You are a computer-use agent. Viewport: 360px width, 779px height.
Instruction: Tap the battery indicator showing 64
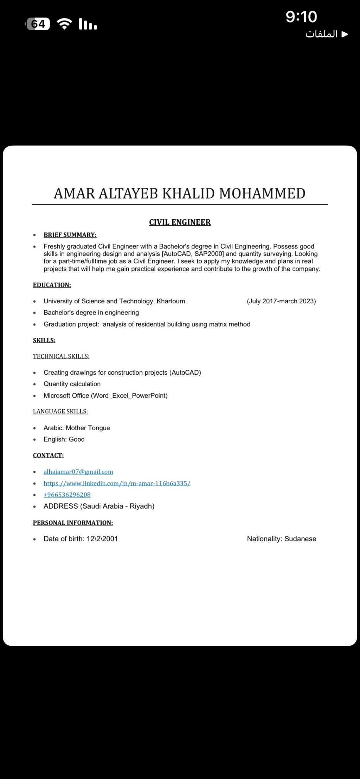38,24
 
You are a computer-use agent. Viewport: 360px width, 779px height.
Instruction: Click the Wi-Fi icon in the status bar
64,24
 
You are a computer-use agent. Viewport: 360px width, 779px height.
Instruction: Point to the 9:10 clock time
301,17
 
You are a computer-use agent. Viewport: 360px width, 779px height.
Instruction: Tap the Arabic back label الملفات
322,34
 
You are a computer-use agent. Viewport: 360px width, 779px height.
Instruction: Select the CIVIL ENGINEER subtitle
180,222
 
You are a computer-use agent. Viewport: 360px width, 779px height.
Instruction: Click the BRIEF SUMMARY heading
70,235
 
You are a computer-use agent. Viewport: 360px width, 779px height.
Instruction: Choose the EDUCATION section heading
52,285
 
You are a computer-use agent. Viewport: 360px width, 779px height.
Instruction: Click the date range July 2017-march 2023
281,301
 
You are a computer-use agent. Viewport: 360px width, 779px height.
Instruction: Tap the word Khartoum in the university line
171,301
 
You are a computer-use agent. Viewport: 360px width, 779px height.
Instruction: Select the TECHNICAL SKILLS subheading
61,356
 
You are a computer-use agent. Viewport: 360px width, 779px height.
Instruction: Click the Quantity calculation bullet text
72,384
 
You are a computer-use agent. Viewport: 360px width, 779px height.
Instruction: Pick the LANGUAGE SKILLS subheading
60,411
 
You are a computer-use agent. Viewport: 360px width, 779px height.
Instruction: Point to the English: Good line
64,439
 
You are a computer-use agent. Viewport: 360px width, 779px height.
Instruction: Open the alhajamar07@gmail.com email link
78,472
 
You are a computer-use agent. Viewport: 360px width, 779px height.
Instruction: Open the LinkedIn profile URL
117,483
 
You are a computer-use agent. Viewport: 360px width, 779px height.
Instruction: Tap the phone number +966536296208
67,495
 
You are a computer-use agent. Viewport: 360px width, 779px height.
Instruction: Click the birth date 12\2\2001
102,539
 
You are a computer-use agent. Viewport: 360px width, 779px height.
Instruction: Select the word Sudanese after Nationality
300,539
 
